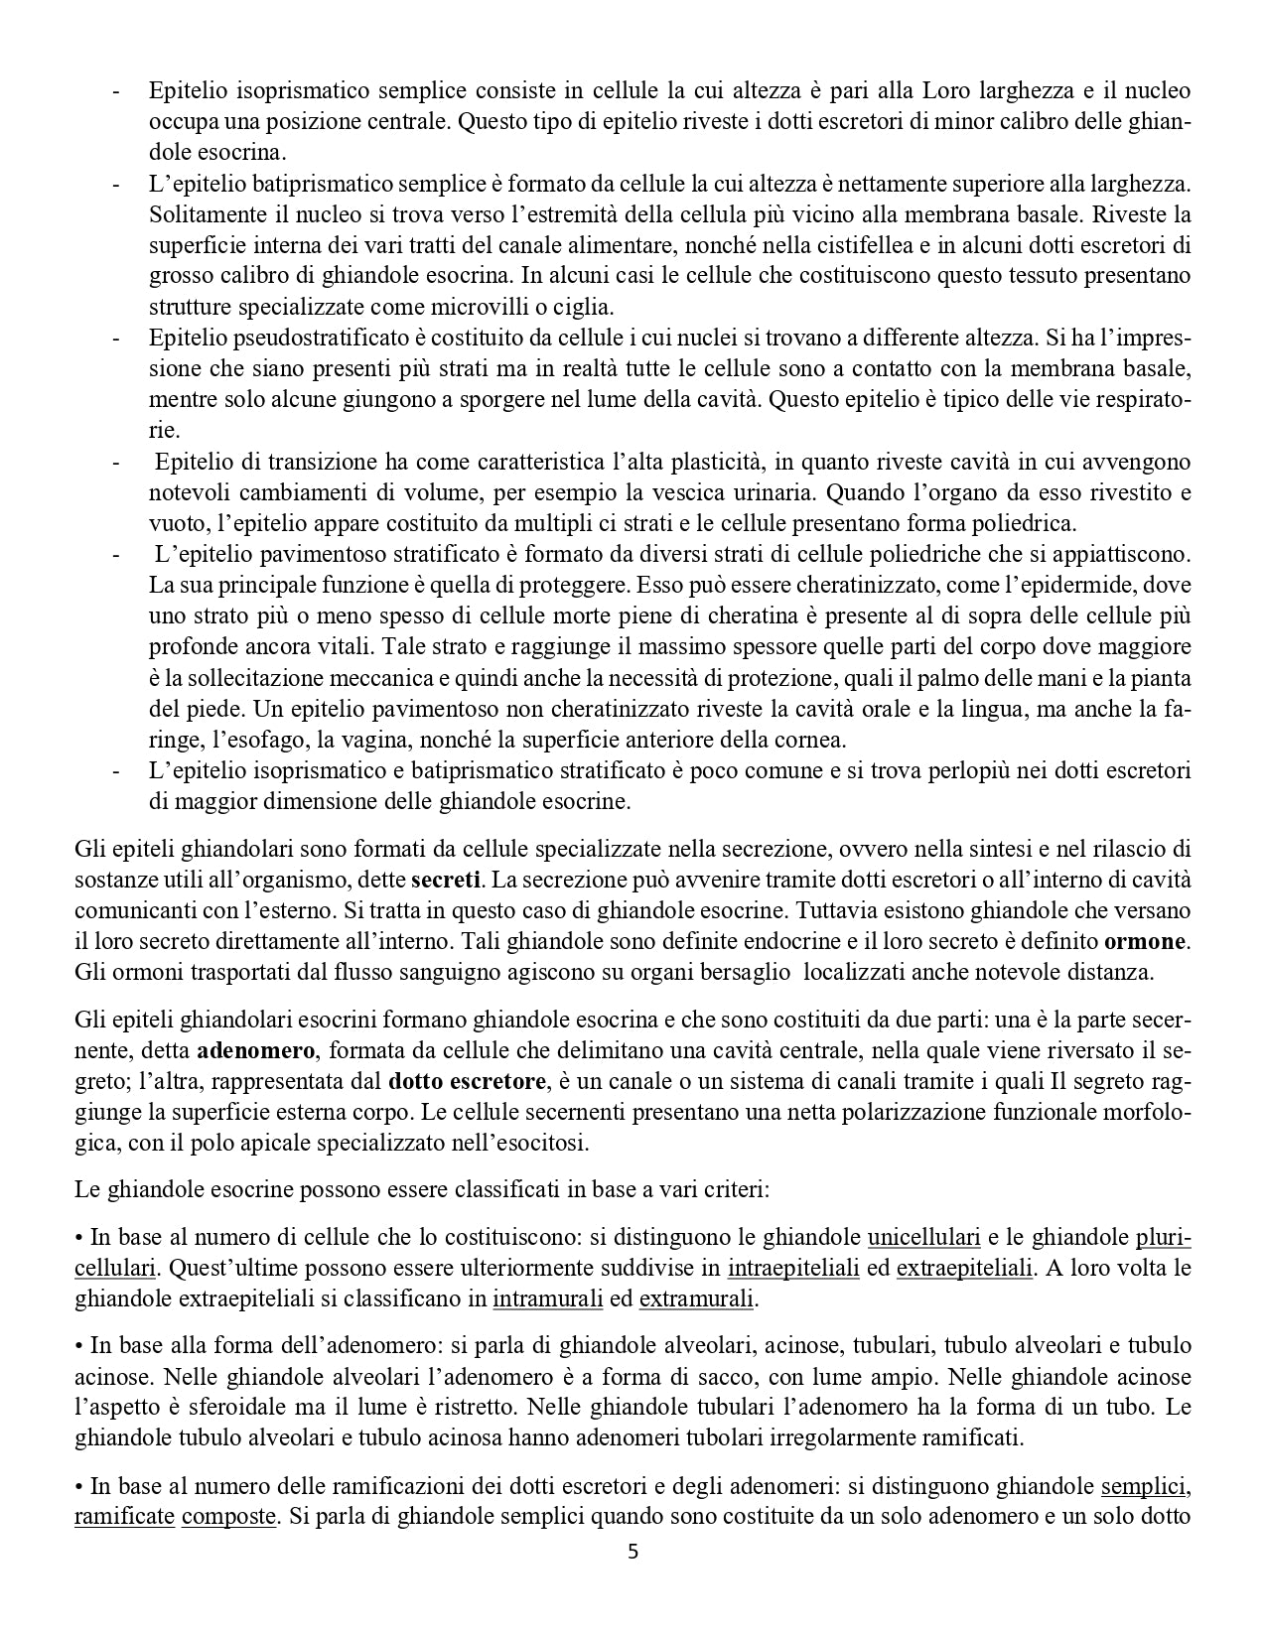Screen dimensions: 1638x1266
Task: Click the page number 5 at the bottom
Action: pyautogui.click(x=633, y=1553)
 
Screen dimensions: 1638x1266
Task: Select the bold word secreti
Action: pyautogui.click(x=446, y=880)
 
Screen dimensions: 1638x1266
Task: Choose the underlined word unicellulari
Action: pyautogui.click(x=923, y=1238)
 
